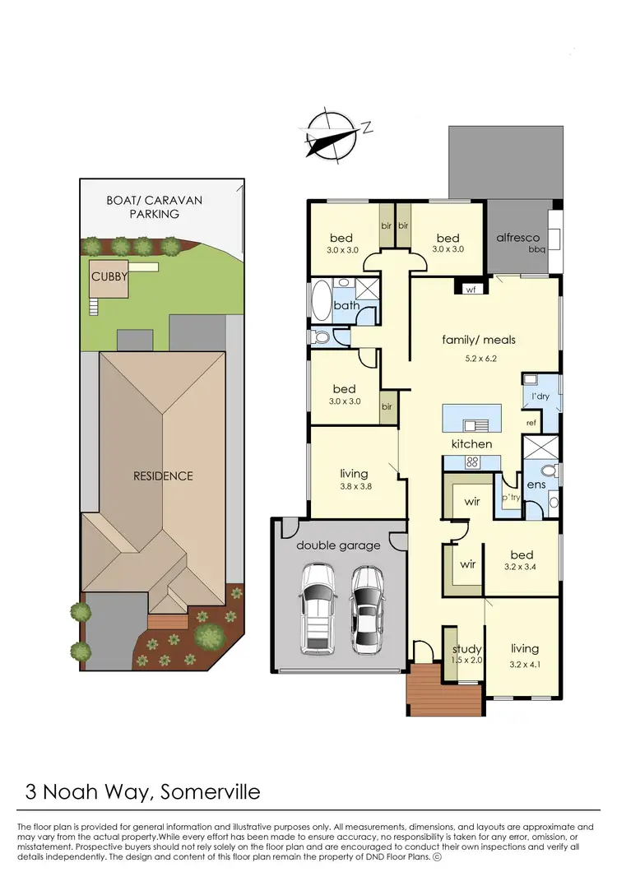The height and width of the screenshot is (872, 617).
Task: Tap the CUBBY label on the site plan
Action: coord(109,276)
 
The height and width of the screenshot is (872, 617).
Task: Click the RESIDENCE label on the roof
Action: coord(164,475)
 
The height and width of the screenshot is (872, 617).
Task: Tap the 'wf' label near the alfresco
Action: coord(471,290)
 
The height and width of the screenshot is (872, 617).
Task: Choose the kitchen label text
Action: coord(471,443)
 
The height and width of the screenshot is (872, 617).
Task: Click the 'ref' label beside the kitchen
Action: coord(531,423)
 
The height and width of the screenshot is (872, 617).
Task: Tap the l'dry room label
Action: coord(540,397)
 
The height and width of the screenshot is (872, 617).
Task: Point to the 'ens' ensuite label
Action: coord(536,485)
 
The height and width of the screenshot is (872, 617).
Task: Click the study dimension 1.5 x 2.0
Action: coord(466,660)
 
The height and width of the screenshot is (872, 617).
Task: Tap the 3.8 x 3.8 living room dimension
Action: coord(355,486)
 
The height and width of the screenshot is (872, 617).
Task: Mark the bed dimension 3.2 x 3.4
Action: coord(521,567)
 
